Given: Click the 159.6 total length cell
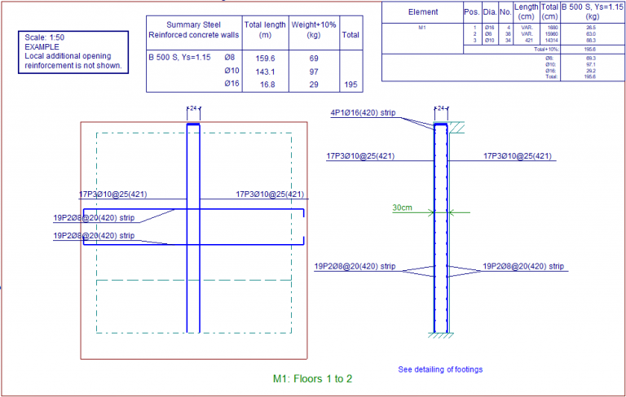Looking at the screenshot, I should tap(265, 59).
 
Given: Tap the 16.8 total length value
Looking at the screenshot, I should tap(267, 85).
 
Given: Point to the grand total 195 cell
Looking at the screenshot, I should tap(350, 85).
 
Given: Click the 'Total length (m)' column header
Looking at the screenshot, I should tap(265, 30).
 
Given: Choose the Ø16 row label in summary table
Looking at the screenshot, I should tap(231, 85).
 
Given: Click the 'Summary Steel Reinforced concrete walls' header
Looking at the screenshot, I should tap(194, 30).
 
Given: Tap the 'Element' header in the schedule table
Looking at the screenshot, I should tap(422, 12).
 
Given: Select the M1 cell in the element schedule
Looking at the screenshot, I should tap(422, 27).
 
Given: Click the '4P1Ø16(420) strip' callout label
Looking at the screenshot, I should tap(363, 112).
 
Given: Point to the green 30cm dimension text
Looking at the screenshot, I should tap(402, 208).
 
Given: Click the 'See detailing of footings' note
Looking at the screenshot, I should tap(440, 369).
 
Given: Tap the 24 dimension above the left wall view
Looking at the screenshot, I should tap(193, 107).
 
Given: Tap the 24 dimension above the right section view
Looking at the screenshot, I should tap(441, 107).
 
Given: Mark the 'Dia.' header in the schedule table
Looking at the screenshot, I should tap(489, 12).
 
